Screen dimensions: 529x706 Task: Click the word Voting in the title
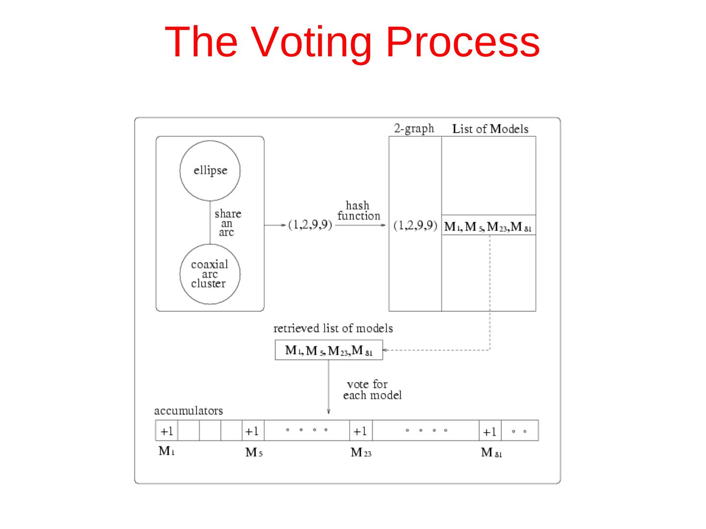pos(311,42)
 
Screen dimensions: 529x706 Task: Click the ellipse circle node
pos(210,170)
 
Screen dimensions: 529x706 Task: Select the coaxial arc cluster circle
pos(210,274)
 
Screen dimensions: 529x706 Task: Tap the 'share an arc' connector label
pos(227,223)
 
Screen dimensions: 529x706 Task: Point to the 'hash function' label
pos(358,211)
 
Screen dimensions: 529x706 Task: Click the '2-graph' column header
pos(414,128)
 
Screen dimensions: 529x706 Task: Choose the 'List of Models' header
pos(490,129)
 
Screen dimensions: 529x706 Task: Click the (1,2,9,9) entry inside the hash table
pos(415,226)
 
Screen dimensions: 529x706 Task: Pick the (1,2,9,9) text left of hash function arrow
pos(310,225)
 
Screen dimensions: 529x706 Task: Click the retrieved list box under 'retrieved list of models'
pos(328,350)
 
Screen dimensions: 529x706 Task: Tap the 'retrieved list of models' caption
pos(333,328)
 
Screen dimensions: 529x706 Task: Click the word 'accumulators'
pos(188,410)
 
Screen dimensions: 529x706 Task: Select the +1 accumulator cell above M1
pos(167,431)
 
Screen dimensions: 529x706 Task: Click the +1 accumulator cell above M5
pos(252,431)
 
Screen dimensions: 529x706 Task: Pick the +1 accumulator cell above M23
pos(360,431)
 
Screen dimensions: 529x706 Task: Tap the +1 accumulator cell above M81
pos(490,431)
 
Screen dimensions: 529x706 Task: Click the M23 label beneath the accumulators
pos(361,453)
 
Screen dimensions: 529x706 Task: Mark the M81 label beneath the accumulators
pos(491,453)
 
